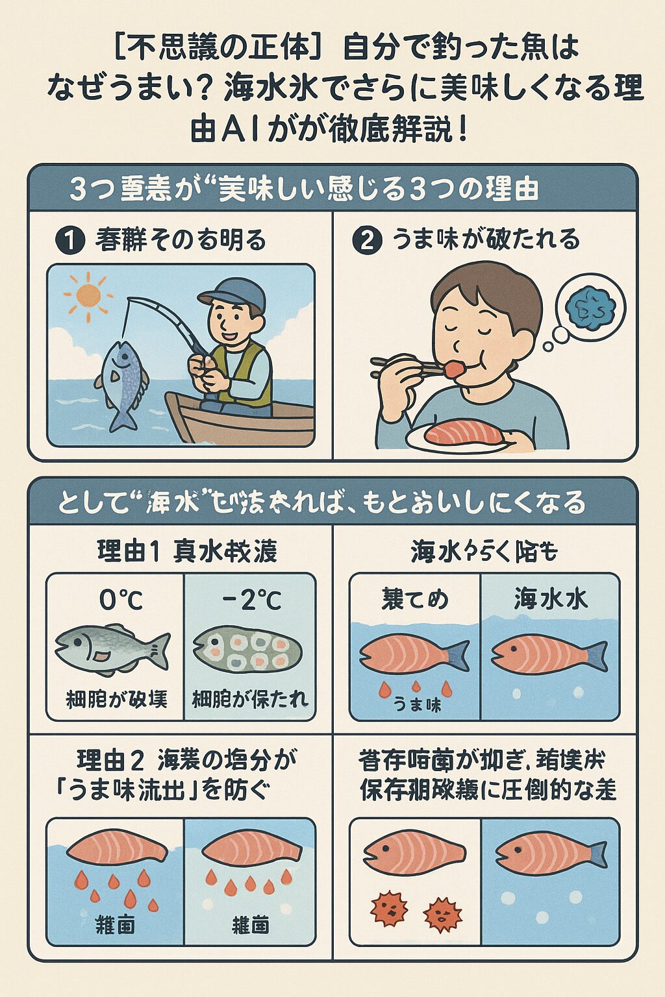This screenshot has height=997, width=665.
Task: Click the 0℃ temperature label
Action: [121, 600]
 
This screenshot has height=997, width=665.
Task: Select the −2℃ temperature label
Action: [252, 600]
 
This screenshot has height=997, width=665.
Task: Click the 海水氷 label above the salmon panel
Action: [551, 598]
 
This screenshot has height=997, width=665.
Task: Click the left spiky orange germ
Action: [388, 908]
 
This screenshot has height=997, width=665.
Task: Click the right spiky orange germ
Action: [442, 915]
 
